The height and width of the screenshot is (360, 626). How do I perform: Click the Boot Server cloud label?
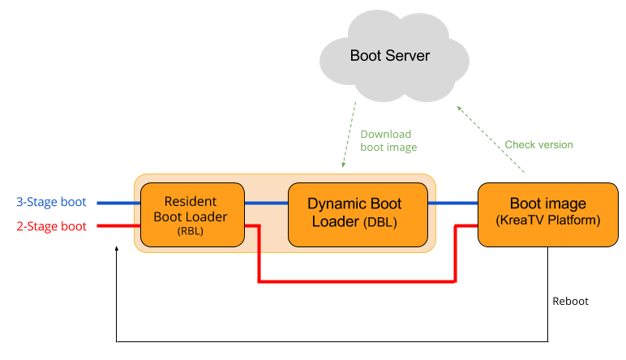[x=389, y=56]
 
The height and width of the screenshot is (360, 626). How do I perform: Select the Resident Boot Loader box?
[x=192, y=215]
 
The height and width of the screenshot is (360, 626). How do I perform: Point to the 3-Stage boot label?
[x=51, y=202]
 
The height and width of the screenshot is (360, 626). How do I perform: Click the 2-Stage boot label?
[x=51, y=226]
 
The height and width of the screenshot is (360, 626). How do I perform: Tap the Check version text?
[x=538, y=145]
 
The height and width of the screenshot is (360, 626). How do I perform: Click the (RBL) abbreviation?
[x=192, y=231]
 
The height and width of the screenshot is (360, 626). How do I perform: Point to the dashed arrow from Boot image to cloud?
[x=490, y=139]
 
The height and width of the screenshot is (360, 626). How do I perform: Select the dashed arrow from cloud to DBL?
[x=349, y=136]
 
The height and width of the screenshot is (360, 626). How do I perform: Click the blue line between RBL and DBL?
[x=266, y=203]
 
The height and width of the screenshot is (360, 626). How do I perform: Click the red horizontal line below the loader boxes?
[x=357, y=281]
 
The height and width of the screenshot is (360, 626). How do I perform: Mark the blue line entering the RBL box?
[x=118, y=203]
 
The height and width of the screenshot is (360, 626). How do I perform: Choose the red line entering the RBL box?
[x=118, y=226]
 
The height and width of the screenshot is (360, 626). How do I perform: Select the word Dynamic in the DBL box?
[x=335, y=203]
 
